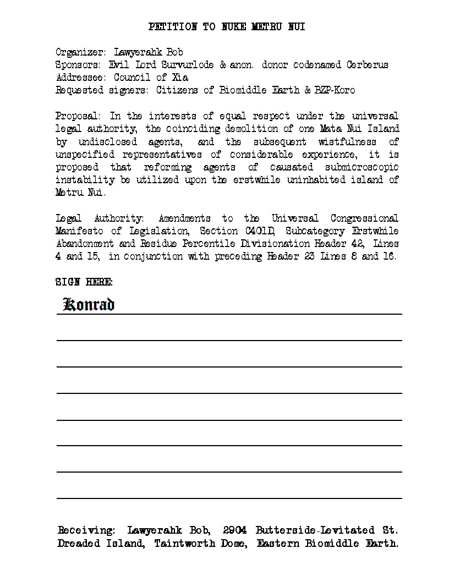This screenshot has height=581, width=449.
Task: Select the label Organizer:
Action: (80, 52)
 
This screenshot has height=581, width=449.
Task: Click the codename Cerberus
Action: (367, 65)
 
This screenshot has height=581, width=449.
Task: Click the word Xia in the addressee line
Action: (180, 78)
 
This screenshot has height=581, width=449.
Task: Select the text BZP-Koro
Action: (335, 90)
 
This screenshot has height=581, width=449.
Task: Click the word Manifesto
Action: (80, 231)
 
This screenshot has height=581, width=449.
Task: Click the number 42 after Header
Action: (357, 244)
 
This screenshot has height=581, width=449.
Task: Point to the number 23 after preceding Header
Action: (309, 256)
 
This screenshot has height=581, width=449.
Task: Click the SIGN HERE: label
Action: (84, 282)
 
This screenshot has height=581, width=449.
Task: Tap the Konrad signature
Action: (89, 304)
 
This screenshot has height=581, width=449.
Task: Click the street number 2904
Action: (234, 531)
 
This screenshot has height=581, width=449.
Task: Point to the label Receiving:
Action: (86, 531)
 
